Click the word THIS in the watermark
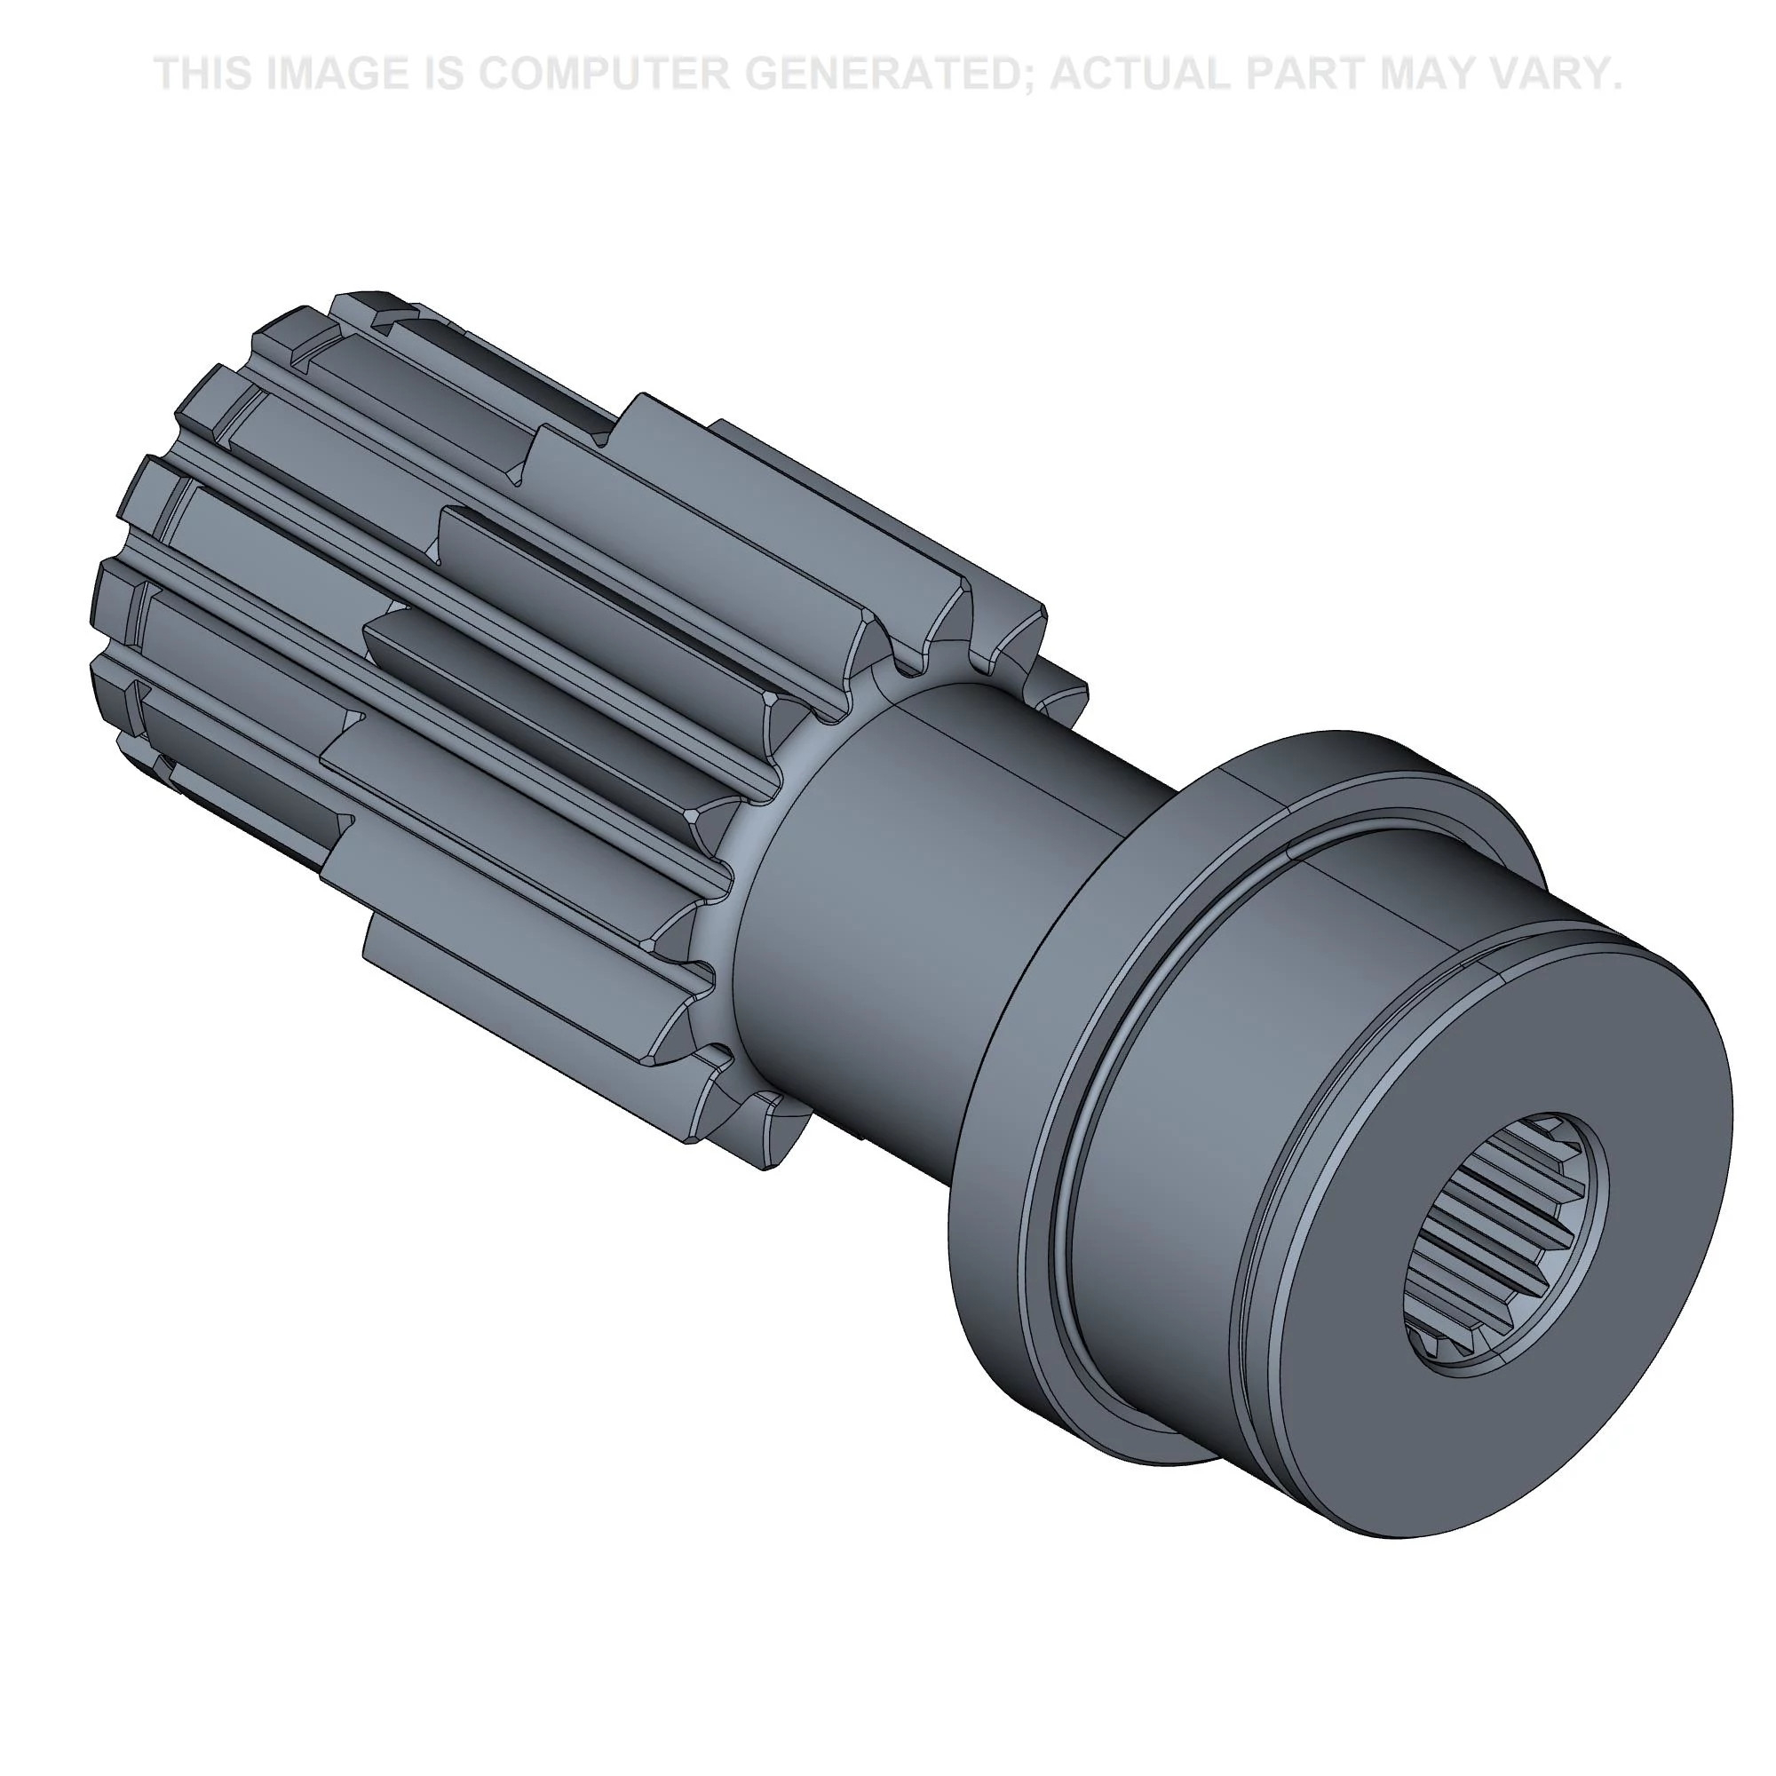(202, 74)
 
